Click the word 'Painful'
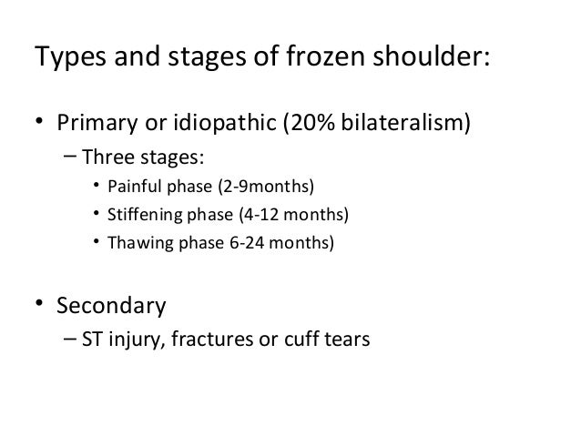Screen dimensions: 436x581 click(134, 188)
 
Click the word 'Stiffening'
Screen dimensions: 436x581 click(143, 216)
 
